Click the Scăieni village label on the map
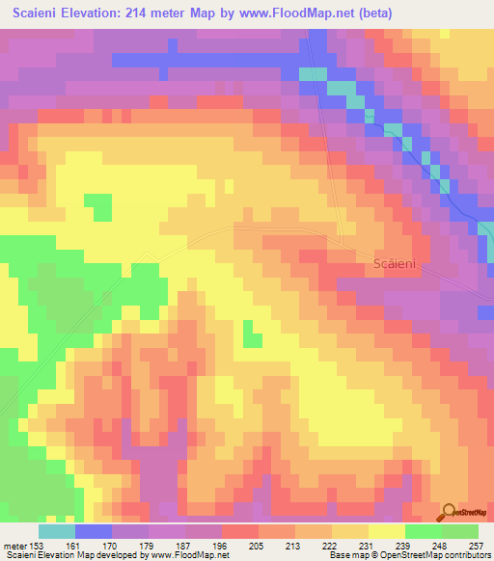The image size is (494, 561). click(x=396, y=262)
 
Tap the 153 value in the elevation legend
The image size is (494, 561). click(x=36, y=545)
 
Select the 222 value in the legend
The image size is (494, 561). click(x=332, y=545)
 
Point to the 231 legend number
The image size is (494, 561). click(x=369, y=545)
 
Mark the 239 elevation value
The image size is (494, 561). click(x=405, y=545)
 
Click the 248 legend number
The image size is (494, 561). click(x=442, y=545)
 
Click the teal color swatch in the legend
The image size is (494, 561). click(x=56, y=531)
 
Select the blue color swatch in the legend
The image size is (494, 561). click(x=93, y=531)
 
